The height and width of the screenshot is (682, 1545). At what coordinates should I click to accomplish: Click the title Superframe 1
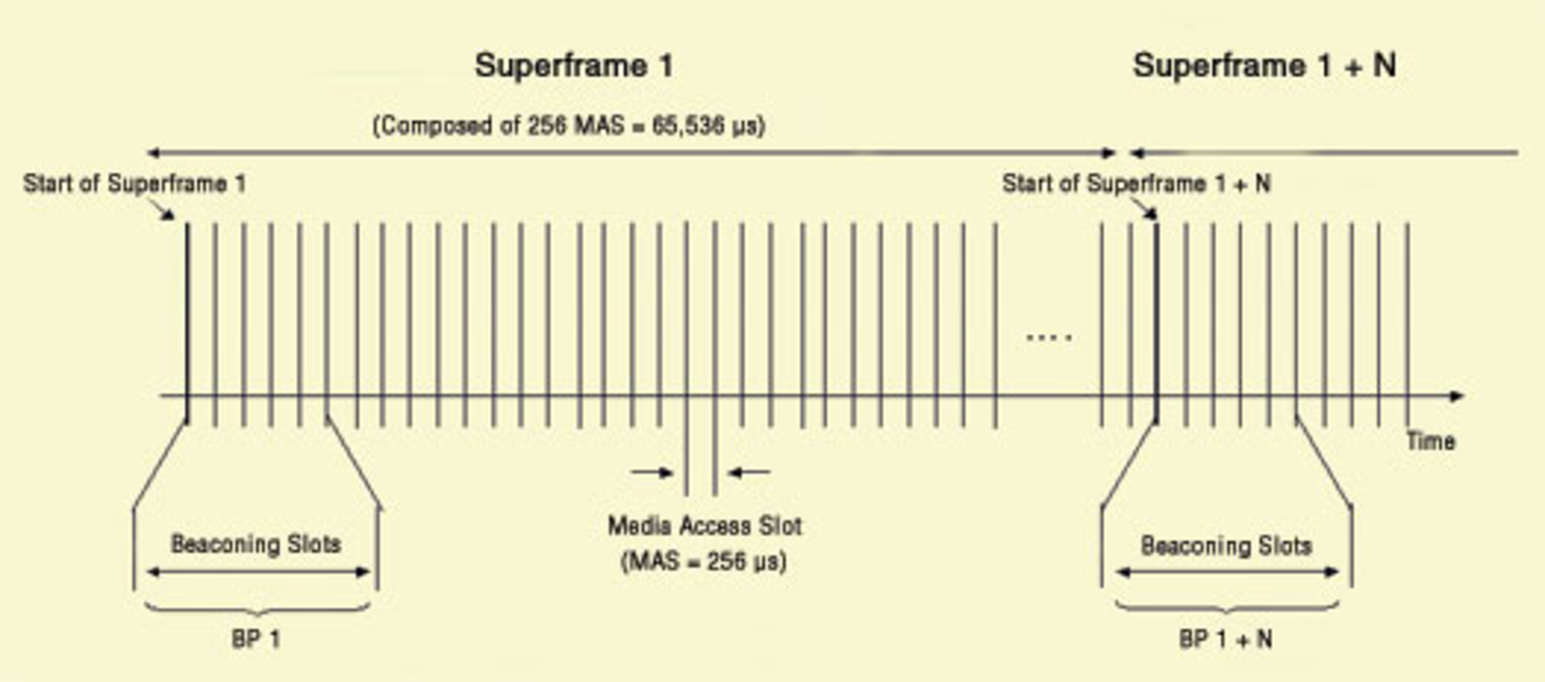[574, 65]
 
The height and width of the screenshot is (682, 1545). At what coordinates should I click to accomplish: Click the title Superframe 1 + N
[1264, 65]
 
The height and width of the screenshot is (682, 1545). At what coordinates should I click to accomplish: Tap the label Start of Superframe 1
[134, 183]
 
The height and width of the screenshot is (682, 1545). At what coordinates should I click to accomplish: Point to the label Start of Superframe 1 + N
[1136, 183]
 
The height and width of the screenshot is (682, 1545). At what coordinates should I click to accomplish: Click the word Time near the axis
[1431, 441]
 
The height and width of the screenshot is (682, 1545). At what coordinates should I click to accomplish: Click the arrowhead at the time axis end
[1456, 396]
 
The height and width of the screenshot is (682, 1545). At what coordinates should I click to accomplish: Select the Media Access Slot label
[705, 526]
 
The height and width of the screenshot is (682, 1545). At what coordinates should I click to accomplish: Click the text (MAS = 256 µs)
[704, 561]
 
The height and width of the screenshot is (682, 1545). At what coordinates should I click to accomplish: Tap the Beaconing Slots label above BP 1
[256, 544]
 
